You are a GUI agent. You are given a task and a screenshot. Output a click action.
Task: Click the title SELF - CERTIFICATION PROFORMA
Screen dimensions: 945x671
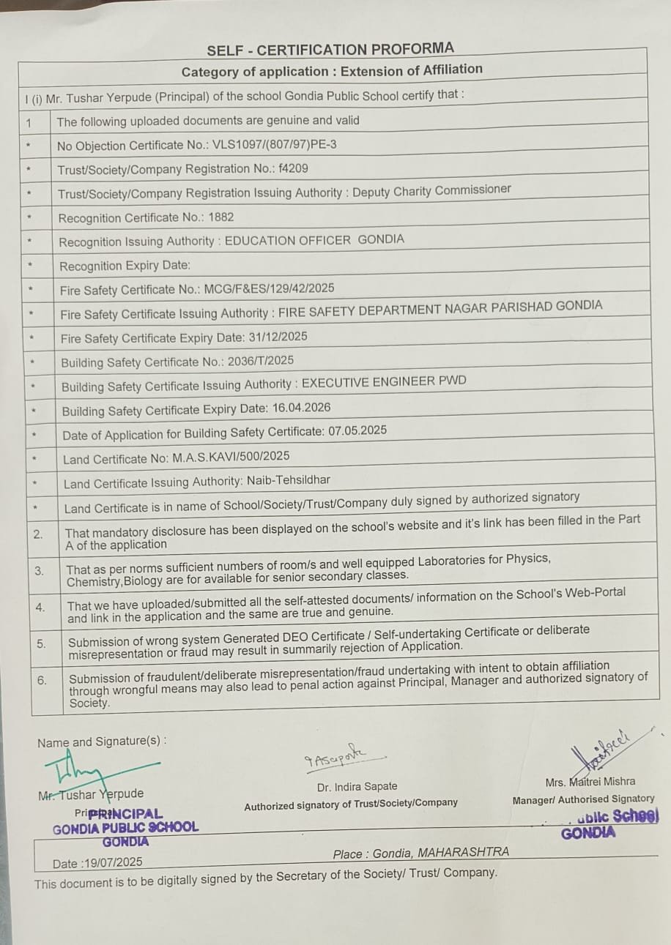coord(330,50)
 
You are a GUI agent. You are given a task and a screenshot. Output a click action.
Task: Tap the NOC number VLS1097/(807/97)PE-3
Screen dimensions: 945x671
coord(273,145)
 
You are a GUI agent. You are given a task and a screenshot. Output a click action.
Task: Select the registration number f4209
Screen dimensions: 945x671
coord(293,168)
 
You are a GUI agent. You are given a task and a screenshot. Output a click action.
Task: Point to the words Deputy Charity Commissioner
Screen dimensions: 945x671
coord(431,190)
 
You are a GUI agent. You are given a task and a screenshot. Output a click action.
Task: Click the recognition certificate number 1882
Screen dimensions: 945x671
coord(220,217)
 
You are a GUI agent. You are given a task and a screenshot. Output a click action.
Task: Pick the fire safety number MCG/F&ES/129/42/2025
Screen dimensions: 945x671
coord(264,288)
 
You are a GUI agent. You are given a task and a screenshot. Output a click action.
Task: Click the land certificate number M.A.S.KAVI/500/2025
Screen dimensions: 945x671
coord(231,457)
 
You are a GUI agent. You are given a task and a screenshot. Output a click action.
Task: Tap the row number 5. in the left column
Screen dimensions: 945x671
coord(41,643)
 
